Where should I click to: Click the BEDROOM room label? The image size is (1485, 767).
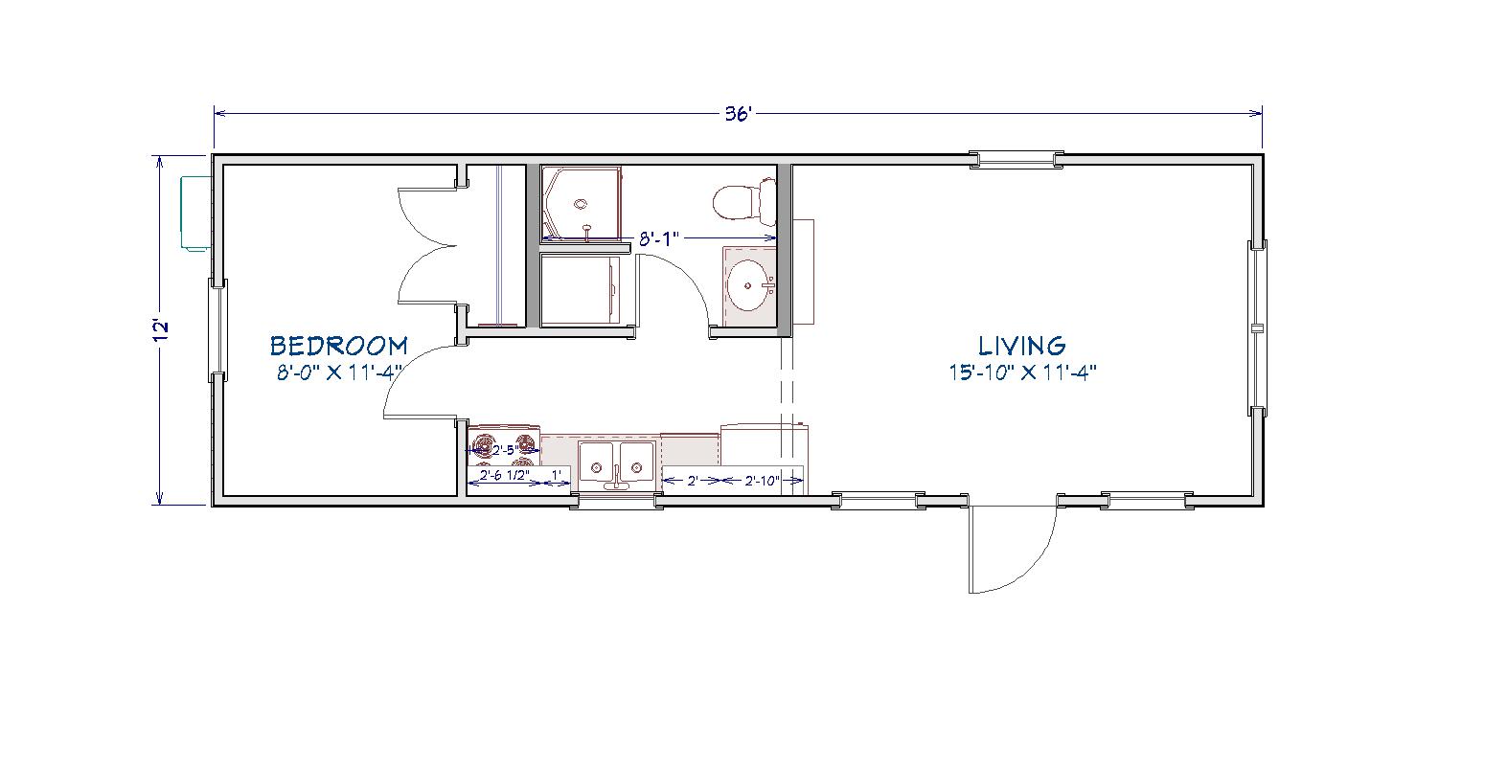(339, 346)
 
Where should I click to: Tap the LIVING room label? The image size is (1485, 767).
(1021, 346)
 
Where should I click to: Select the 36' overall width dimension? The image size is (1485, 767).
(738, 114)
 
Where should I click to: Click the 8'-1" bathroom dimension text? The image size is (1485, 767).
(659, 239)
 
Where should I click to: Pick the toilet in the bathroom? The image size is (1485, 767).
(743, 200)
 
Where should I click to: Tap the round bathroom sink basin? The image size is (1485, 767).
(749, 285)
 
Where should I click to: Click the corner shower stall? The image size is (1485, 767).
(583, 203)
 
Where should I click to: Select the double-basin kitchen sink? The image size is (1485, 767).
(616, 467)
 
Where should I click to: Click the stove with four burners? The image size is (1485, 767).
(504, 446)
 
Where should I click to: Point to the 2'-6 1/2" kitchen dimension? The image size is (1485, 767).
(505, 476)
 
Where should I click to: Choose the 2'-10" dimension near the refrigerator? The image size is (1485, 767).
(762, 481)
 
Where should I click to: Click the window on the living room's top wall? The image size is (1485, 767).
(1017, 160)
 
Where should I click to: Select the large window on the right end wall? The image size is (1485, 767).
(1258, 328)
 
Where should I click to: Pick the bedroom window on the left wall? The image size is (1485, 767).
(218, 329)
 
